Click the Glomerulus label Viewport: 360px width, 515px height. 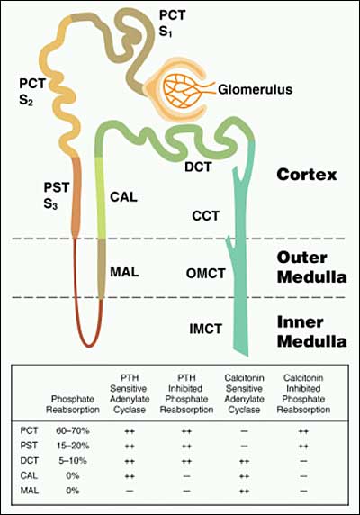255,89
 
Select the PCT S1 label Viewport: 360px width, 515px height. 172,23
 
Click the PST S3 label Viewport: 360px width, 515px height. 57,196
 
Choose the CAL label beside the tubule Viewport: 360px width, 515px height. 123,197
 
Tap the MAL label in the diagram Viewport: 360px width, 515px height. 124,272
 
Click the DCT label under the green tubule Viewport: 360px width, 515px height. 198,167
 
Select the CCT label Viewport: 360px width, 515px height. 206,216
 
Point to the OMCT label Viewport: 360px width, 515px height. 206,274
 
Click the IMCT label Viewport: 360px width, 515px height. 206,329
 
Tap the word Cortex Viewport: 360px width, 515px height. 307,175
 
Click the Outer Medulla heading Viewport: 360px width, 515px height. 311,267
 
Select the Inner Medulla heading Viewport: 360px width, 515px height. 311,332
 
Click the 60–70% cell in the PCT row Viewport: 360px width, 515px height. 73,430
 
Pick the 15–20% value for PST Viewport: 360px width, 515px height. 73,446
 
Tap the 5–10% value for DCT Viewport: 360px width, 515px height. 73,461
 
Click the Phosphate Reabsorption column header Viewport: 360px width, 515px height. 73,404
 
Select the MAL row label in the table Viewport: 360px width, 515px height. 30,491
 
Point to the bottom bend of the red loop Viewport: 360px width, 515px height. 88,345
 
